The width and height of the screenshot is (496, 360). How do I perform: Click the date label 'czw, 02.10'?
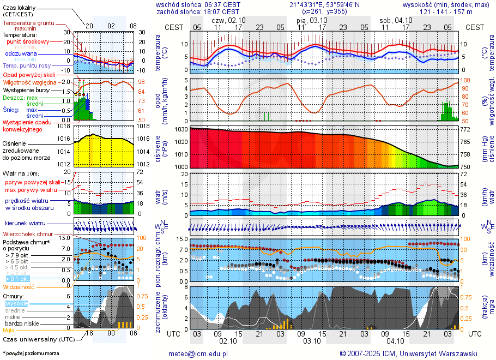click(x=228, y=20)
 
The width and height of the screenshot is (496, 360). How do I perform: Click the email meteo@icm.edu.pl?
click(x=198, y=353)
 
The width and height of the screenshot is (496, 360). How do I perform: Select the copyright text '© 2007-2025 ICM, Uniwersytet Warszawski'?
click(x=408, y=353)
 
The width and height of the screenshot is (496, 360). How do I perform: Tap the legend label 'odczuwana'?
click(x=21, y=54)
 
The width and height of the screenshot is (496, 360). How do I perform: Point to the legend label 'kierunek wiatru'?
click(x=25, y=224)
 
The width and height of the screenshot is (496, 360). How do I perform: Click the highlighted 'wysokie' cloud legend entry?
click(x=17, y=303)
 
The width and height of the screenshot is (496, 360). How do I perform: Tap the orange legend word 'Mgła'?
click(x=9, y=330)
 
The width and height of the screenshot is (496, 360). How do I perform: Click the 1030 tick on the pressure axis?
click(x=181, y=130)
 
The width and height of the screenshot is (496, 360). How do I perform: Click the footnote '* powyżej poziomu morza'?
click(x=31, y=353)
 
